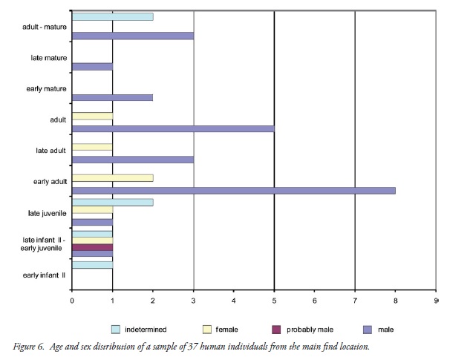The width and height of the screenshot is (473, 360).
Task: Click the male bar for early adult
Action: click(x=233, y=190)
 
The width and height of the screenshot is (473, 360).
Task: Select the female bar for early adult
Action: click(x=113, y=178)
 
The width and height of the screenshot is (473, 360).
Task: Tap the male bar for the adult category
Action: click(x=173, y=128)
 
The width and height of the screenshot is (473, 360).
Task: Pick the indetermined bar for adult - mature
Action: click(x=113, y=16)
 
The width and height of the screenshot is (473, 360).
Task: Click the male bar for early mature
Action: click(x=113, y=96)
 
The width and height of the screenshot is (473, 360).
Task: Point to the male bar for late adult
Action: click(x=133, y=159)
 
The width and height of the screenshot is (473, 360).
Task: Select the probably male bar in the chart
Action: click(x=93, y=247)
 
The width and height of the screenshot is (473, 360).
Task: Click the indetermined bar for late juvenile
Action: click(x=113, y=202)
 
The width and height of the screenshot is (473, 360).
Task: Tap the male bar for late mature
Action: click(x=93, y=66)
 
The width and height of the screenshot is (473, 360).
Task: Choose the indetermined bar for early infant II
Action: click(x=93, y=264)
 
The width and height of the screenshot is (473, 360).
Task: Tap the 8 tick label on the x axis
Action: click(x=395, y=301)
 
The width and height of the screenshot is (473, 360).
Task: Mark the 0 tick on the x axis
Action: click(x=72, y=301)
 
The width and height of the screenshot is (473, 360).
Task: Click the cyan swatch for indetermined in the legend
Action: click(x=115, y=328)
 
